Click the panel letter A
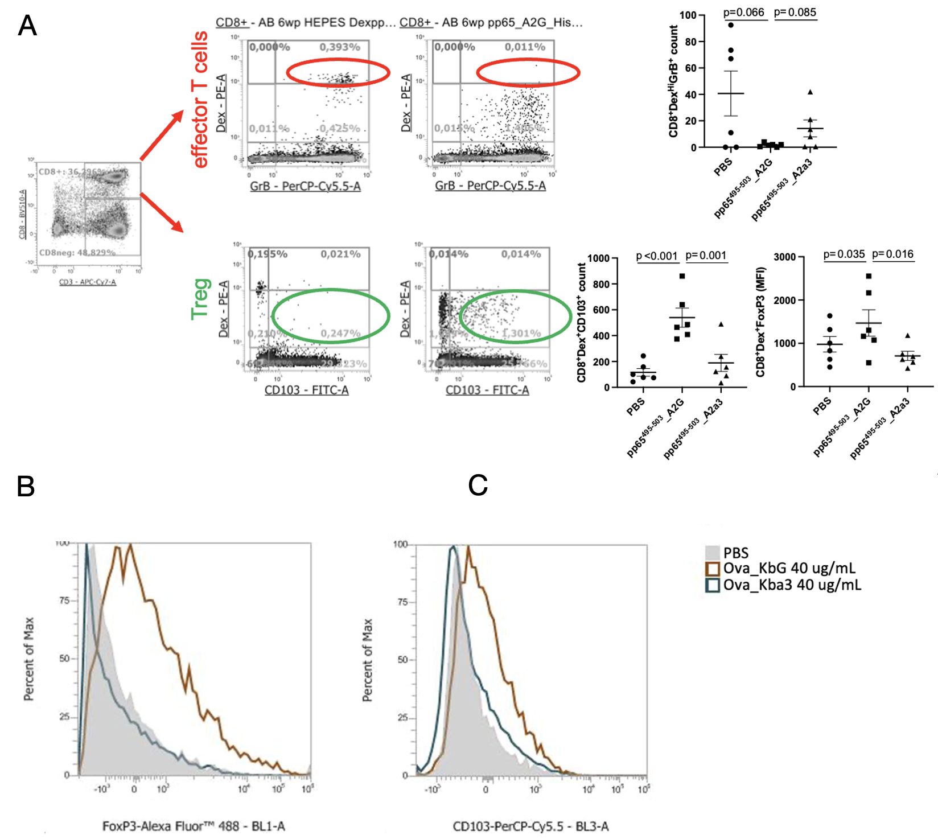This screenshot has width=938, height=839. point(27,26)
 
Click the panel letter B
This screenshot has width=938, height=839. point(26,487)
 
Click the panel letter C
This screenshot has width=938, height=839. point(478,486)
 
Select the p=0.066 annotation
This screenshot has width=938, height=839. point(743,13)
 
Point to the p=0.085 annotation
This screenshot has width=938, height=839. point(795,13)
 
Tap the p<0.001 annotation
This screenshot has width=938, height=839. point(657,256)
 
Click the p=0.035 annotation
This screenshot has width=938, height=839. point(844,254)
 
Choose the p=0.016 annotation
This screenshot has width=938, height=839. point(892,254)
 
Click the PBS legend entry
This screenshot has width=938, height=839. point(735,553)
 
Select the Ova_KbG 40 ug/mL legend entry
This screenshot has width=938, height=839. point(788,568)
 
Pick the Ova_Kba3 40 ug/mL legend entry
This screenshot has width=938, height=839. point(791,585)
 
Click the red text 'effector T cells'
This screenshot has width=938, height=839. point(200,100)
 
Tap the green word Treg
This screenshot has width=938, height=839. point(201,299)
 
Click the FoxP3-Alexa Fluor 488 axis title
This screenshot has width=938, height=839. point(194,826)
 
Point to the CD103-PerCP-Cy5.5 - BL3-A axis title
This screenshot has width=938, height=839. point(530,826)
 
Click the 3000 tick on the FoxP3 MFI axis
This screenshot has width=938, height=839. point(785,257)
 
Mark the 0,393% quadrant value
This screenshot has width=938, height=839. point(340,47)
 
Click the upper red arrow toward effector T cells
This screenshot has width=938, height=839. point(162,135)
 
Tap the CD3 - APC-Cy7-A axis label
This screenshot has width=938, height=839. point(88,282)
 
